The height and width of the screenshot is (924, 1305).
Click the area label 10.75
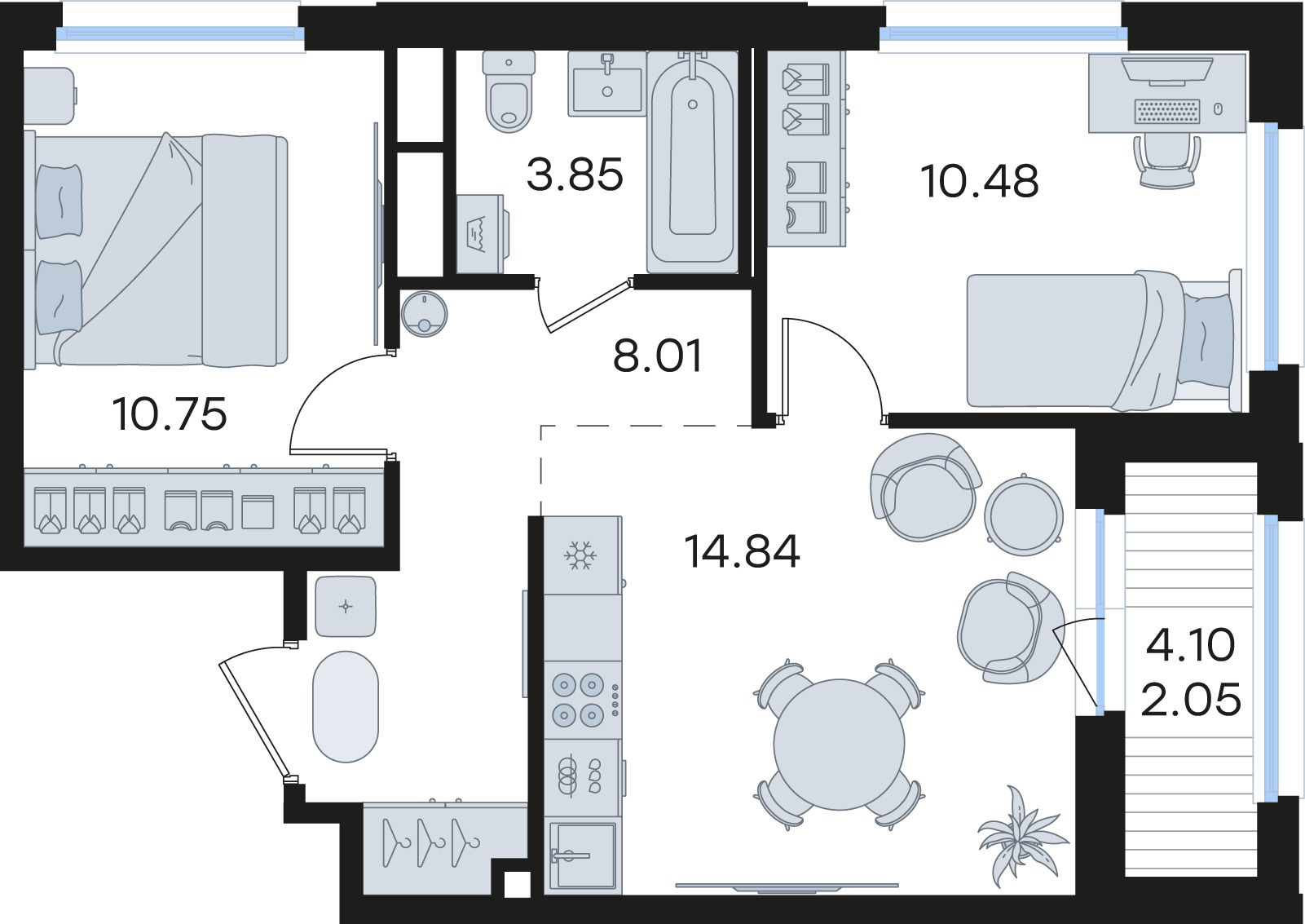[169, 414]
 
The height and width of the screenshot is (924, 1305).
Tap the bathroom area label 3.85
[575, 175]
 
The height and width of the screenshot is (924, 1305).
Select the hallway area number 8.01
[658, 356]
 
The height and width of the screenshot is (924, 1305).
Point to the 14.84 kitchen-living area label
[742, 551]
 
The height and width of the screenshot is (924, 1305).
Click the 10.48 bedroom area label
[979, 181]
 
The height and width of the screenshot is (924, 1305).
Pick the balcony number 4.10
[1190, 645]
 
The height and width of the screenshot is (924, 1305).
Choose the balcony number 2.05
[1191, 700]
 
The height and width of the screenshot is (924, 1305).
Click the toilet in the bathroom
[509, 91]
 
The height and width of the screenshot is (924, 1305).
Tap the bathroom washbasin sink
[607, 84]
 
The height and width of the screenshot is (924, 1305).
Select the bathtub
[692, 162]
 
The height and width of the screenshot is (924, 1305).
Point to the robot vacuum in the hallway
[424, 314]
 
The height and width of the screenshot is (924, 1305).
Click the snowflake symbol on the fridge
[580, 555]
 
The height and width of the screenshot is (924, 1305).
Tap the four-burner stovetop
[578, 700]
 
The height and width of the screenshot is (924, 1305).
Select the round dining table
[839, 745]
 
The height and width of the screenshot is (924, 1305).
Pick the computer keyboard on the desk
[1167, 111]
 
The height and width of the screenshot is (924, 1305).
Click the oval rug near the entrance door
[346, 706]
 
